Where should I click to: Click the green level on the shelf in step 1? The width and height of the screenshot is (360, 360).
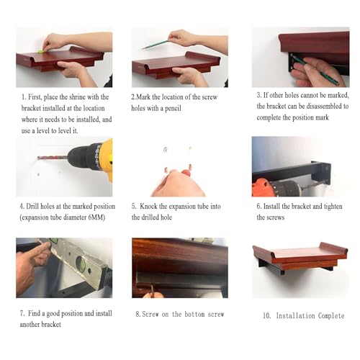click(x=41, y=51)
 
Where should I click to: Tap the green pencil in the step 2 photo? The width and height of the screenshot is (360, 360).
click(x=156, y=45)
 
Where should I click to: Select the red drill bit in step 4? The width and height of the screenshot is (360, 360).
click(x=53, y=158)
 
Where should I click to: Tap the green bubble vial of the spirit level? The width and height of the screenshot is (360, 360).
click(x=81, y=264)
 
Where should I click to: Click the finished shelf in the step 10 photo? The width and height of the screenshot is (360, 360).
click(x=300, y=258)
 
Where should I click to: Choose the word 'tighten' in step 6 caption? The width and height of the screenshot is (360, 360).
click(x=333, y=207)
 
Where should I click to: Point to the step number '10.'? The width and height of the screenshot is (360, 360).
click(x=267, y=315)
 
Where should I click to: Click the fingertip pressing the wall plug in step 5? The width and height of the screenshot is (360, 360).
click(x=186, y=171)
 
